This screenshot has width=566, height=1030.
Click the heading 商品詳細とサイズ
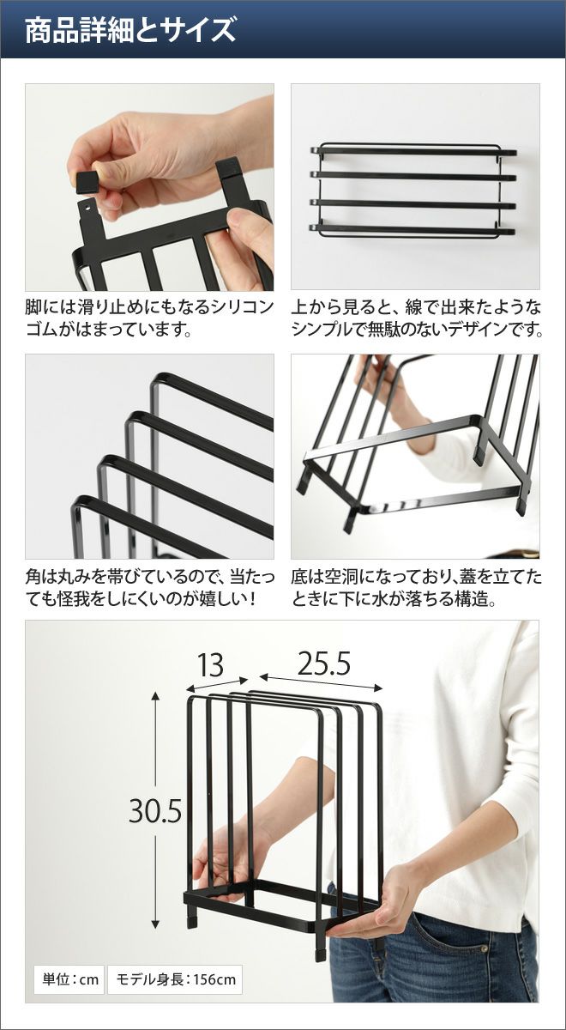click(x=130, y=30)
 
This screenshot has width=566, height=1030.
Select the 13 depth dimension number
click(x=210, y=665)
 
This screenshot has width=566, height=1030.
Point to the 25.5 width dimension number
click(x=324, y=663)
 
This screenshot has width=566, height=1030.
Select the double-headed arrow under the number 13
click(x=217, y=684)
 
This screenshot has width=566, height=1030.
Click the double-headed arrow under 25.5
click(x=321, y=682)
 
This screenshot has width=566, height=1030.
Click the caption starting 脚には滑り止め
click(x=150, y=318)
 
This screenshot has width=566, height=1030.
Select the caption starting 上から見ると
click(x=417, y=318)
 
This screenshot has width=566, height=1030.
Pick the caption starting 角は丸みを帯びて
click(x=150, y=588)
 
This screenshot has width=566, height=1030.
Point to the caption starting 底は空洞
click(x=416, y=588)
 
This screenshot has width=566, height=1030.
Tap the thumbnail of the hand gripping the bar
click(x=415, y=456)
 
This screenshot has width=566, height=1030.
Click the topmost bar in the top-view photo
click(x=413, y=150)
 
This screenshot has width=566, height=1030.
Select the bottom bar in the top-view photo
click(x=413, y=227)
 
